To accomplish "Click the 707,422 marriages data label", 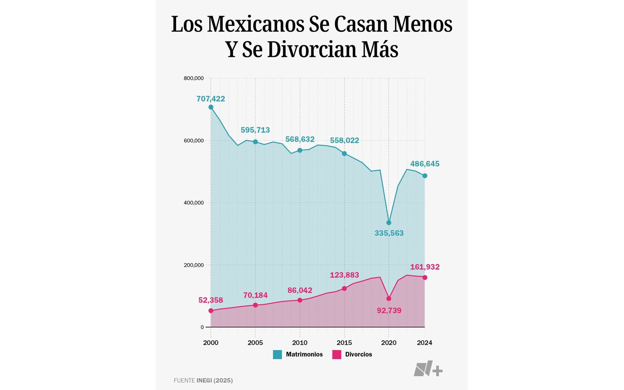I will pos(211,99).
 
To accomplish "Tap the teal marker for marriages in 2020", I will pos(389,223).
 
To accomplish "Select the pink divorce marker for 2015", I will pos(344,288).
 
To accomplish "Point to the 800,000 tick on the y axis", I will pos(193,78).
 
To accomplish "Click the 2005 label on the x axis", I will pos(255,343).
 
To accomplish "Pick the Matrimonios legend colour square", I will pos(277,354).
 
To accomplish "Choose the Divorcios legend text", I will pos(358,354).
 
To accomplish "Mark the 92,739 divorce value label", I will pos(389,310).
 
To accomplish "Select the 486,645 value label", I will pos(425,164).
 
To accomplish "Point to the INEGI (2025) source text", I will pos(214,380).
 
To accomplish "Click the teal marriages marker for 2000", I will pos(211,107).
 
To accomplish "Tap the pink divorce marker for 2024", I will pos(425,278).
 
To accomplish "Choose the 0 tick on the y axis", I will pos(202,327).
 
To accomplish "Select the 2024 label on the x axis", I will pos(424,343).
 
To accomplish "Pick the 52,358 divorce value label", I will pos(211,300).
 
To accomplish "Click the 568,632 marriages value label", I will pos(300,139).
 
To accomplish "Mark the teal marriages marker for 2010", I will pos(300,150).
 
